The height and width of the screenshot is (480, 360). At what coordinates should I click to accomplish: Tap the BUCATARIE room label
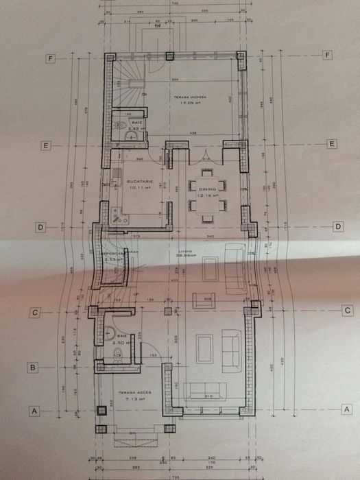point(138,181)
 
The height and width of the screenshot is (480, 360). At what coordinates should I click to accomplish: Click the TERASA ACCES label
point(131,393)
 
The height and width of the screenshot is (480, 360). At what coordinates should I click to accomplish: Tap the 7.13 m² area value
point(131,398)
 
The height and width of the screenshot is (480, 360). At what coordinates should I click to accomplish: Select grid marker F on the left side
point(50,58)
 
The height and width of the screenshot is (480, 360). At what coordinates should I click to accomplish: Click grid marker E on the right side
point(332,144)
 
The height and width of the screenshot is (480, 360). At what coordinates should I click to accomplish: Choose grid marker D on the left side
point(40,227)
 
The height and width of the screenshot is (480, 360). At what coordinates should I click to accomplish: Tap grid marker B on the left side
point(31,367)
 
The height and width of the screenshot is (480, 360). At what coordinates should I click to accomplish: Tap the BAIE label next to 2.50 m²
point(121,335)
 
